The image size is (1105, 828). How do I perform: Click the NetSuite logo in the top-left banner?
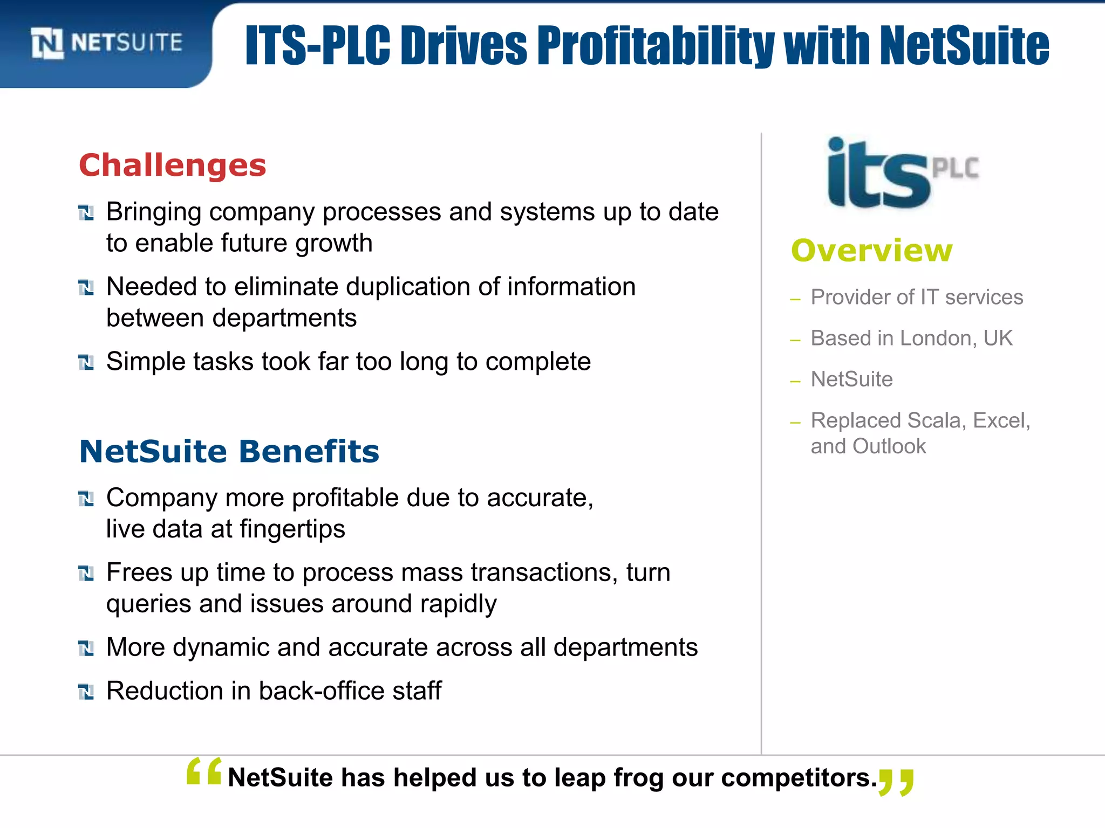(x=107, y=43)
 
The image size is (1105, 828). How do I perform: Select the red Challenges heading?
(x=173, y=165)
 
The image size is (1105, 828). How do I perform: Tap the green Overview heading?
(x=871, y=251)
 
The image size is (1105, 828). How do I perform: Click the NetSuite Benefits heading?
(x=229, y=451)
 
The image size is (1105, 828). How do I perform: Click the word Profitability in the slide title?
(x=655, y=45)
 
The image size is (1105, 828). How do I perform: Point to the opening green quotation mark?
(x=204, y=771)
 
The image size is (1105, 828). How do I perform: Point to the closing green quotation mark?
(x=896, y=782)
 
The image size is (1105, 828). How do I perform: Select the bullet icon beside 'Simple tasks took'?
(x=86, y=363)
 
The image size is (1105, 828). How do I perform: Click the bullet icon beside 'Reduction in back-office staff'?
(x=86, y=692)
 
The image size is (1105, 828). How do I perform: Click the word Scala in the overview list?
(x=937, y=420)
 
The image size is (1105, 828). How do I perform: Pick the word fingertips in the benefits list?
(x=292, y=529)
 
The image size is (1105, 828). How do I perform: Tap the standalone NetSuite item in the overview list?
(x=851, y=379)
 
